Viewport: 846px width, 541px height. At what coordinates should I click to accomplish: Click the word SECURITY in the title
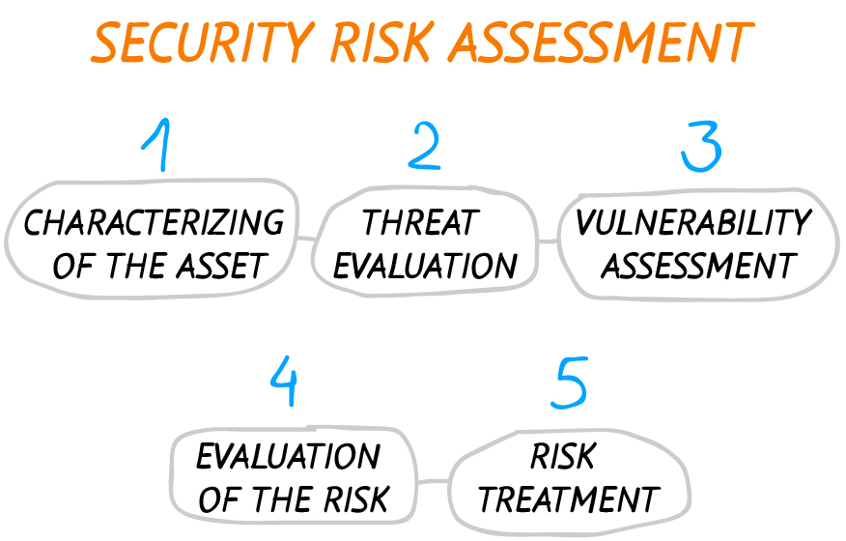coord(203,43)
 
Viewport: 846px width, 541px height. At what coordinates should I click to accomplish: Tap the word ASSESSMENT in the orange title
coord(601,43)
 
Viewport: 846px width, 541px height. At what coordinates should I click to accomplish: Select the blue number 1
coord(157,145)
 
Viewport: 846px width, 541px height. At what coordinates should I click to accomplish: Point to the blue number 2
coord(425,146)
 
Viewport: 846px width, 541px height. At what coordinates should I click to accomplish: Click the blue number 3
coord(701,146)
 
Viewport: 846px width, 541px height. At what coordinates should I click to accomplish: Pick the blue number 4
coord(284,381)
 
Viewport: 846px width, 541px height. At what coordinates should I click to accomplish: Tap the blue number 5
coord(569,383)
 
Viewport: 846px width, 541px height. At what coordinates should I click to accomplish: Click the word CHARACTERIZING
coord(154,222)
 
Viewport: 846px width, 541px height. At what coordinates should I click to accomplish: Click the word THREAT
coord(421,222)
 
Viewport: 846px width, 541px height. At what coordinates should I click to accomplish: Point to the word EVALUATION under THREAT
coord(425,266)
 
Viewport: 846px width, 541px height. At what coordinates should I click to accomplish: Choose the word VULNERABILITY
coord(693,222)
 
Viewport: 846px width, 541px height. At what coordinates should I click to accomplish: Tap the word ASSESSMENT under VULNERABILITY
coord(699,266)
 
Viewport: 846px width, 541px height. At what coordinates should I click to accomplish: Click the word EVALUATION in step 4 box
coord(288,456)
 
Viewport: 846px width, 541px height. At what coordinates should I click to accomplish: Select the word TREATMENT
coord(569,499)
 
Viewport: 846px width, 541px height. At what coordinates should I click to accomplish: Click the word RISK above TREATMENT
coord(563,456)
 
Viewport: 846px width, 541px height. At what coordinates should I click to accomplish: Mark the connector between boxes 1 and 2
coord(306,239)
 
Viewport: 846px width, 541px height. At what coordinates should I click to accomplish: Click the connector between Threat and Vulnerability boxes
coord(549,242)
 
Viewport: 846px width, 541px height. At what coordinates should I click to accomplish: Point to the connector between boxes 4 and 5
coord(433,481)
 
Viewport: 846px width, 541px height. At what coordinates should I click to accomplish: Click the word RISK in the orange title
coord(381,43)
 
